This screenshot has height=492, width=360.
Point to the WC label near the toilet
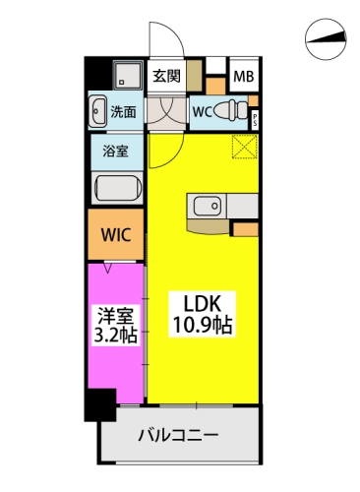coord(201,110)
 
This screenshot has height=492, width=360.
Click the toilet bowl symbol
coord(230,109)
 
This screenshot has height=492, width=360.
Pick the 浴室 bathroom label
coord(116,151)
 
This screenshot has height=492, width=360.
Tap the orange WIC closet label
coord(116,235)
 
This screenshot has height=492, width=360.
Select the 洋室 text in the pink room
coord(114,316)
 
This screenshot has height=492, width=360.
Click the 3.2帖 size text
coord(114,338)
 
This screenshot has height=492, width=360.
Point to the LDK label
coord(205,302)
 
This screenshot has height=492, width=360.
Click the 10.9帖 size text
coord(205,326)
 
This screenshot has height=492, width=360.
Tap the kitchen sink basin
coord(207,206)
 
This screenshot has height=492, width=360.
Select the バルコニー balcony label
coord(178,434)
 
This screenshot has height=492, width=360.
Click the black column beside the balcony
coord(96,404)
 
